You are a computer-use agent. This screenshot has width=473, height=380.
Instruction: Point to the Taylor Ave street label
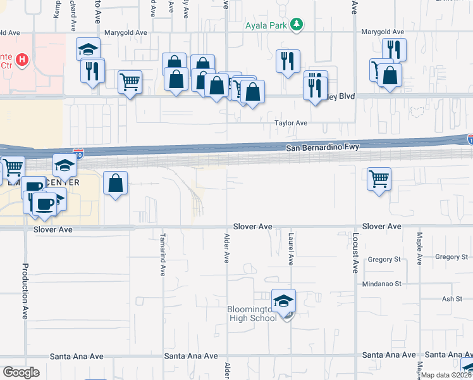290,123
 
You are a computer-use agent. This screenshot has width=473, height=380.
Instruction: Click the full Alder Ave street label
226,248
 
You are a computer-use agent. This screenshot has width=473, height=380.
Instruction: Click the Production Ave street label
27,291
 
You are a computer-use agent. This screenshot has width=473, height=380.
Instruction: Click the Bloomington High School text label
252,313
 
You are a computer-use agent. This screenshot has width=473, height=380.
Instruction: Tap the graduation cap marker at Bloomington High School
284,300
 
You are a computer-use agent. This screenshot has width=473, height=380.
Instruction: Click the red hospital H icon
22,60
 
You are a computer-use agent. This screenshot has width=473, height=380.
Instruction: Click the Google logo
21,372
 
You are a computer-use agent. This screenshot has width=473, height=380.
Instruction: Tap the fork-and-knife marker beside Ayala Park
288,61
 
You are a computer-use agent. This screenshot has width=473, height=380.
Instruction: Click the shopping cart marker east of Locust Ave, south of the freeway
379,179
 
